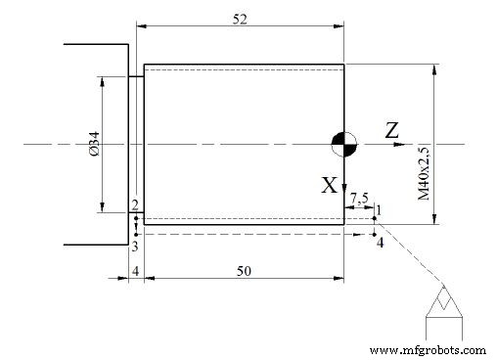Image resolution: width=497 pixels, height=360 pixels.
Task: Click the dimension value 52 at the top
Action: [x=241, y=18]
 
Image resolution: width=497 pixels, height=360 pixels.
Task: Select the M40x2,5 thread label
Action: [x=424, y=174]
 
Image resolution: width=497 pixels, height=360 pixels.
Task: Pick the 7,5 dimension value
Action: [x=359, y=199]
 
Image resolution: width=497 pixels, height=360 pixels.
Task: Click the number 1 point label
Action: [x=378, y=208]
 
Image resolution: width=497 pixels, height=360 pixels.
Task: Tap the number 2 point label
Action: [x=134, y=204]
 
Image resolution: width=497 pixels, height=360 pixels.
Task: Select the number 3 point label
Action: [x=134, y=246]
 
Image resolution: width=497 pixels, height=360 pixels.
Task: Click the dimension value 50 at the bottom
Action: [x=241, y=270]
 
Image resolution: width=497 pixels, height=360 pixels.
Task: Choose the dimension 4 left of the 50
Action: [x=136, y=270]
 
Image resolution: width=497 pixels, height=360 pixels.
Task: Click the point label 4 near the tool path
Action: [x=381, y=243]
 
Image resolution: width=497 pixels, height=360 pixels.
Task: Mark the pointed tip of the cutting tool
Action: [x=445, y=286]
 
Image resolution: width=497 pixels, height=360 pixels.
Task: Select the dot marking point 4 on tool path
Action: [x=375, y=234]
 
